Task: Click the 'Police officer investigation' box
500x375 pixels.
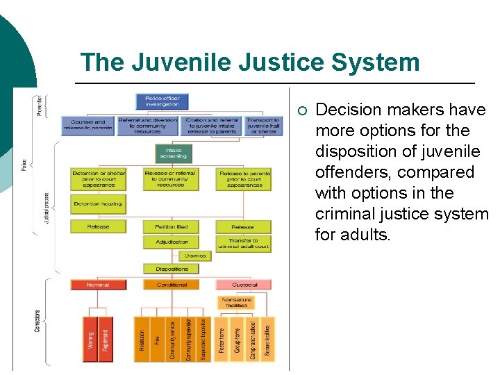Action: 162,101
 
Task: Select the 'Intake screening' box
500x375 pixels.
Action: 173,153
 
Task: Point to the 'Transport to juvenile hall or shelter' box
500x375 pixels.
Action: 262,126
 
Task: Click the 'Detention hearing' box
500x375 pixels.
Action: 97,204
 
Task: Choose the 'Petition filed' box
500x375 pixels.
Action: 171,227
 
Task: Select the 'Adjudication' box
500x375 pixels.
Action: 171,242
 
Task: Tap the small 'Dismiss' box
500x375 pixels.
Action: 195,256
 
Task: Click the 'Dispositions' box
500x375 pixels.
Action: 171,269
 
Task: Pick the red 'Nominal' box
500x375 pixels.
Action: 98,285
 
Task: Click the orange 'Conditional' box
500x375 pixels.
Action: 171,285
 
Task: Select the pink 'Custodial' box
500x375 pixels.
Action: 244,285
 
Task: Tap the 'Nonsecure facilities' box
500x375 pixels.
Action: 237,303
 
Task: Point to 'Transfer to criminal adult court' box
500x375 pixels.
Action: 243,244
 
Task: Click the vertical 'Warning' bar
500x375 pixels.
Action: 90,339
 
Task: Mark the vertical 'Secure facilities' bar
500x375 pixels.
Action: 267,339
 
